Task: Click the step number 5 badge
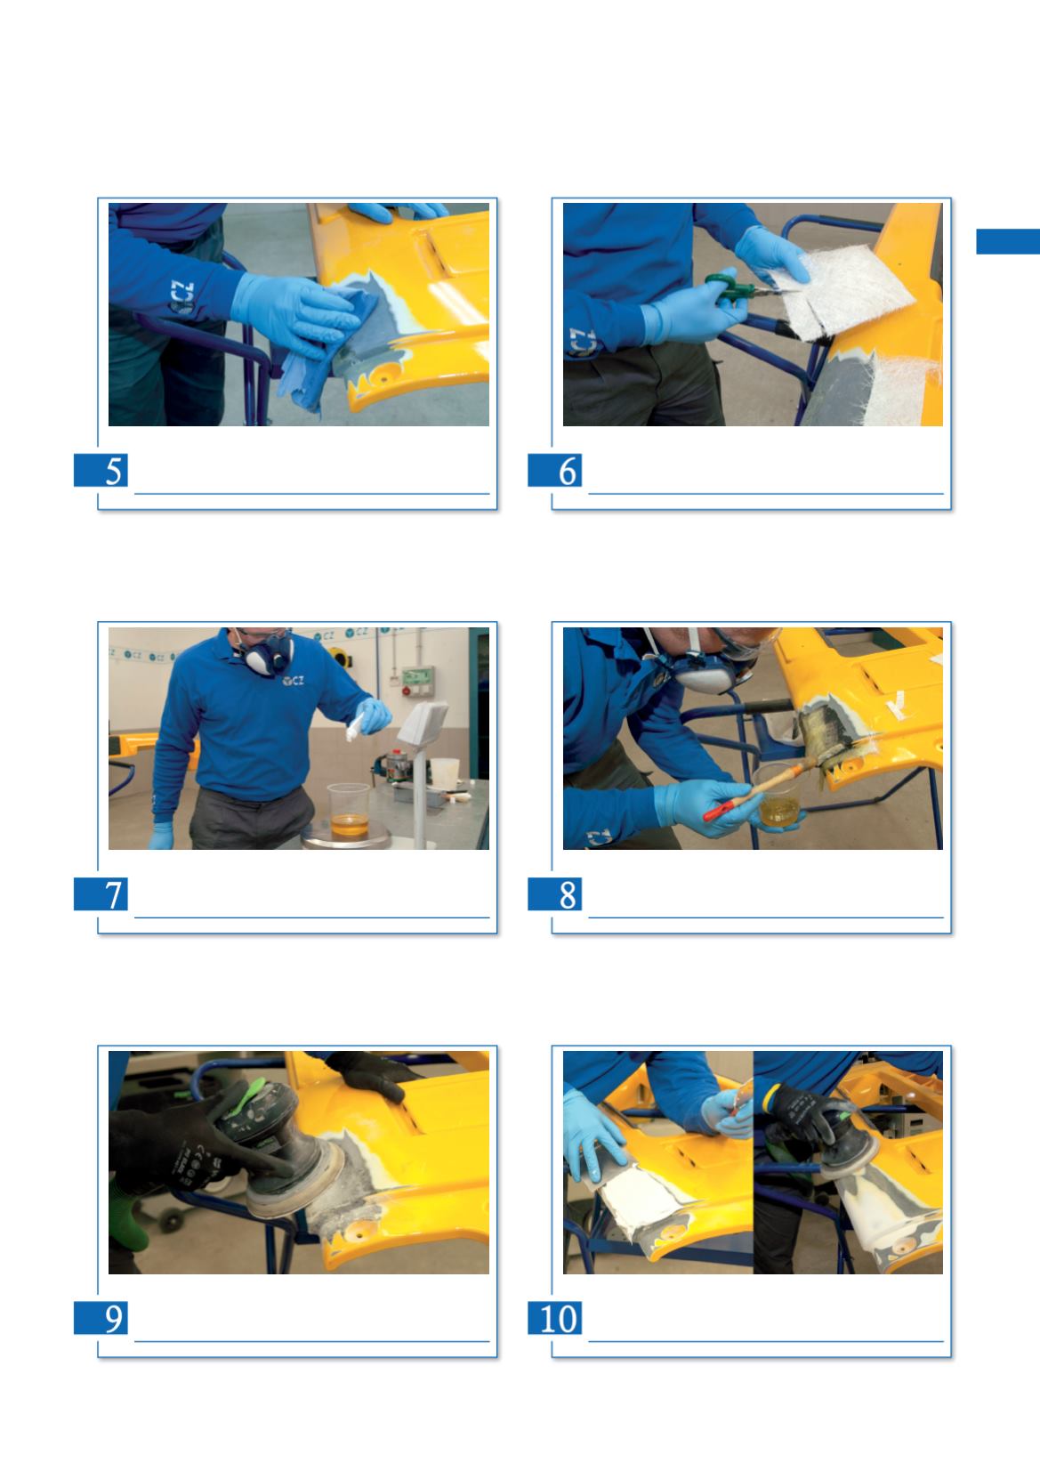point(101,470)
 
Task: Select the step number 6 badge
point(555,470)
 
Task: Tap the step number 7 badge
point(101,893)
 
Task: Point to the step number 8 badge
point(555,893)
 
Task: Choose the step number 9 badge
point(101,1317)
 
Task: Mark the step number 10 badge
point(555,1317)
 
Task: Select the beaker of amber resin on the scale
point(349,812)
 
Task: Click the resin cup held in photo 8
point(778,796)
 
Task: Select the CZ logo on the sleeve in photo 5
point(181,297)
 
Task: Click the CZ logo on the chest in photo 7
point(293,681)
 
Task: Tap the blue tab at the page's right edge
point(1008,241)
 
